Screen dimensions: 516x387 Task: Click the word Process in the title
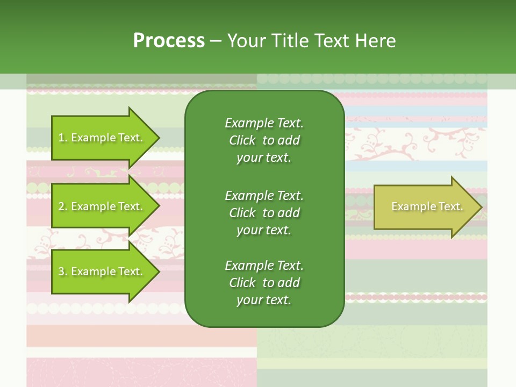pos(169,41)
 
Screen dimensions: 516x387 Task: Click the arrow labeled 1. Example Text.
pos(106,138)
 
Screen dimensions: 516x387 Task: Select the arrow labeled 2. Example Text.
pos(106,206)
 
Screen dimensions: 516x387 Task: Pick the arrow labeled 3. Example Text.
pos(106,271)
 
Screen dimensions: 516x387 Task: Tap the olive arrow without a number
pos(428,207)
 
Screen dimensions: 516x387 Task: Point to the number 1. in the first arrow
pos(63,138)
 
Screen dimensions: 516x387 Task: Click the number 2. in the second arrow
pos(63,206)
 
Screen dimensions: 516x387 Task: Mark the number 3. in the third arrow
pos(63,271)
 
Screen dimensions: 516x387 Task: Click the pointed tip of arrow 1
pos(160,138)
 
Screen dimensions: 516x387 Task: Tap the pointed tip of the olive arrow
pos(483,207)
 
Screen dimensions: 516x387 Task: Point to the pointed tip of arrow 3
pos(160,271)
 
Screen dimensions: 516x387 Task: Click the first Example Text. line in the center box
pos(264,123)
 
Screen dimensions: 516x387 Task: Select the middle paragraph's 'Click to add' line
pos(264,213)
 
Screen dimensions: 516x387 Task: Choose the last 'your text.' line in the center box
pos(264,300)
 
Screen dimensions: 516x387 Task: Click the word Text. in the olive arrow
pos(451,206)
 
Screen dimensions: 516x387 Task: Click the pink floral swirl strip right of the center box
pos(416,144)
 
